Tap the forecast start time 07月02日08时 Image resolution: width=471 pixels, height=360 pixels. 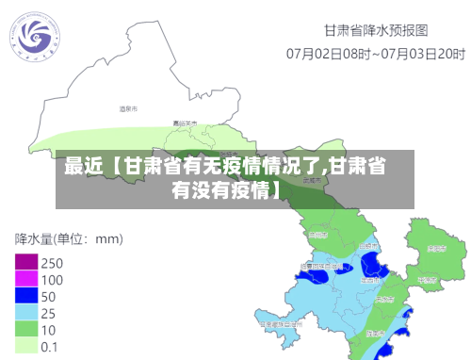(x=327, y=54)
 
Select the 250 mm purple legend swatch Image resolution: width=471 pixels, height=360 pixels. (x=25, y=262)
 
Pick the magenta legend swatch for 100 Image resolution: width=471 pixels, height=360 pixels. (x=25, y=279)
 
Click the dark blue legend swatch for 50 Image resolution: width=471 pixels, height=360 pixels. (x=25, y=296)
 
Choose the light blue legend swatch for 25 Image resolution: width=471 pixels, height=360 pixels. (x=25, y=313)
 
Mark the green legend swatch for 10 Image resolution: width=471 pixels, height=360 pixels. (x=25, y=330)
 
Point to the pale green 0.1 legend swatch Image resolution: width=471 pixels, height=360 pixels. (x=25, y=346)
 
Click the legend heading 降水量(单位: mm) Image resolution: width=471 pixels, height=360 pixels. (x=68, y=237)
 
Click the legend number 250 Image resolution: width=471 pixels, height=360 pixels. (x=52, y=263)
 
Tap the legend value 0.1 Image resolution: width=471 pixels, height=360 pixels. (x=50, y=347)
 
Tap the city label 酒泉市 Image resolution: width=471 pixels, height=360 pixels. (x=127, y=109)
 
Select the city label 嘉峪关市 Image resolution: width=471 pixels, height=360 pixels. (x=185, y=123)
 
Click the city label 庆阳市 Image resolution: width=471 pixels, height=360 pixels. (x=435, y=250)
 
